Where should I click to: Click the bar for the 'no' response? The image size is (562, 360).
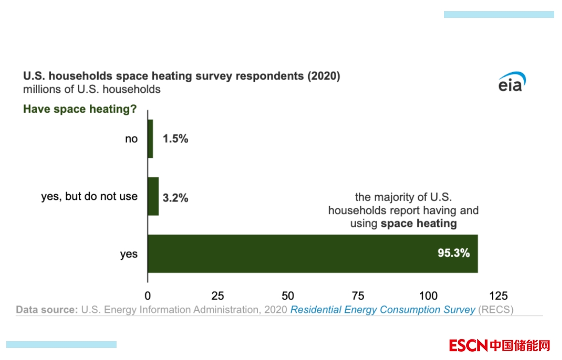pyautogui.click(x=150, y=139)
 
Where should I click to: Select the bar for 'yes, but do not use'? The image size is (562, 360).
pyautogui.click(x=153, y=196)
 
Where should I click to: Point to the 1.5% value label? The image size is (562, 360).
pyautogui.click(x=175, y=139)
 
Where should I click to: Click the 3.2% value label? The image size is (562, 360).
pyautogui.click(x=175, y=197)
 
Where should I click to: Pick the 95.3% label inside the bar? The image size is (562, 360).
pyautogui.click(x=454, y=253)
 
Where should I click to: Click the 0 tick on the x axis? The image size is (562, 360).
pyautogui.click(x=148, y=296)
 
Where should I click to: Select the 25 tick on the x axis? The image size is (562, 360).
pyautogui.click(x=218, y=296)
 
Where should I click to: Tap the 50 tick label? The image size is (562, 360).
pyautogui.click(x=288, y=296)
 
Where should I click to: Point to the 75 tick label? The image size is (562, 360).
pyautogui.click(x=358, y=296)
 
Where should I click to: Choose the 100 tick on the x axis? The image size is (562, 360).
pyautogui.click(x=429, y=296)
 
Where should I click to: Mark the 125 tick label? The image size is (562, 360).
pyautogui.click(x=499, y=296)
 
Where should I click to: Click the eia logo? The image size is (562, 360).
pyautogui.click(x=512, y=84)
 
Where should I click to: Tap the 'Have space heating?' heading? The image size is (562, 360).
pyautogui.click(x=80, y=109)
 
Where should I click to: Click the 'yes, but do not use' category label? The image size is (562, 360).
pyautogui.click(x=89, y=196)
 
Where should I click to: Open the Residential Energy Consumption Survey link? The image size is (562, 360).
pyautogui.click(x=383, y=310)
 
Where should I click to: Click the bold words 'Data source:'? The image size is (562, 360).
pyautogui.click(x=46, y=310)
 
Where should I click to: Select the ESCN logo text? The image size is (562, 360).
pyautogui.click(x=468, y=345)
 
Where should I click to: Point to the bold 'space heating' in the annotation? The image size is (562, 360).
pyautogui.click(x=419, y=224)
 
